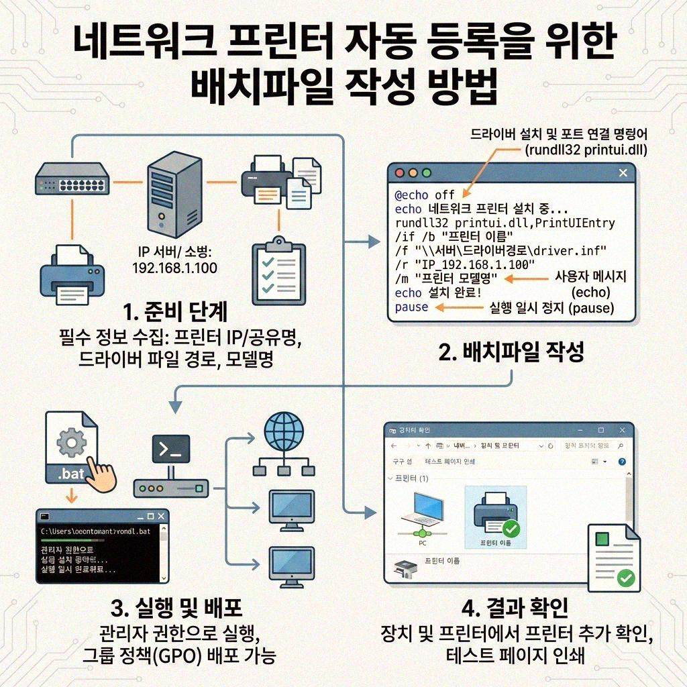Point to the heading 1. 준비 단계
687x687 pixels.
176,312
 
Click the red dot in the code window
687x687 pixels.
400,173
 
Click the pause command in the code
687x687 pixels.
411,307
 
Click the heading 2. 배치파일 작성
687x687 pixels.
511,352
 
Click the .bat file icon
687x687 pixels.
71,448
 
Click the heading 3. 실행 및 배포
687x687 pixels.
176,608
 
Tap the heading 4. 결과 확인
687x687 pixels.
515,608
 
